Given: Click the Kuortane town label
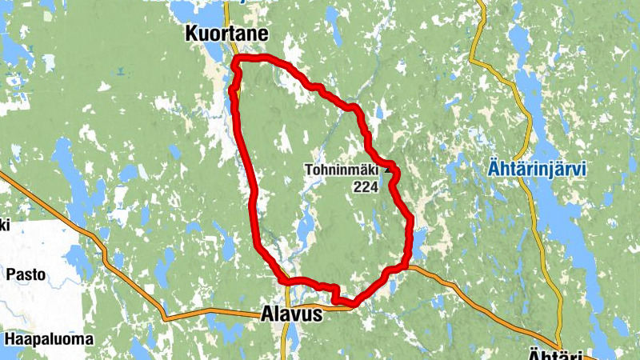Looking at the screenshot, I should click(226, 34).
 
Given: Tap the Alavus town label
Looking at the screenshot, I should click(292, 315).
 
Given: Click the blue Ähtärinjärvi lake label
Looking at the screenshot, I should click(537, 170).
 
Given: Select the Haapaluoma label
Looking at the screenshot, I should click(48, 338).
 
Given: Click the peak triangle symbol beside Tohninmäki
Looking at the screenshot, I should click(390, 169).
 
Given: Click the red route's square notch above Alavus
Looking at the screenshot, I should click(334, 293).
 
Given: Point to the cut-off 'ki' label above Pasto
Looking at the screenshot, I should click(4, 226).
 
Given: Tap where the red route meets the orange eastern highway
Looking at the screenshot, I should click(406, 266).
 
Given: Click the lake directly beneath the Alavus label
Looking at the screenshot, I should click(293, 336).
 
